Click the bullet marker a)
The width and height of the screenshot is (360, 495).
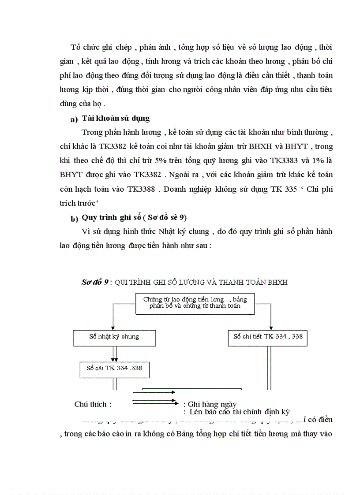(74, 119)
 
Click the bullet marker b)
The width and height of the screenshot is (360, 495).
(74, 219)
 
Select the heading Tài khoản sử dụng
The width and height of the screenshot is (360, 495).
(116, 118)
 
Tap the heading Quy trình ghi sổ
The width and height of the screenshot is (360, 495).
(111, 217)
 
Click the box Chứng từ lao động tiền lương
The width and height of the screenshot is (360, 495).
(195, 302)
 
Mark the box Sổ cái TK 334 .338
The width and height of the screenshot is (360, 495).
(114, 368)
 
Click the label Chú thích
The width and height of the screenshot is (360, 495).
(93, 404)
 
